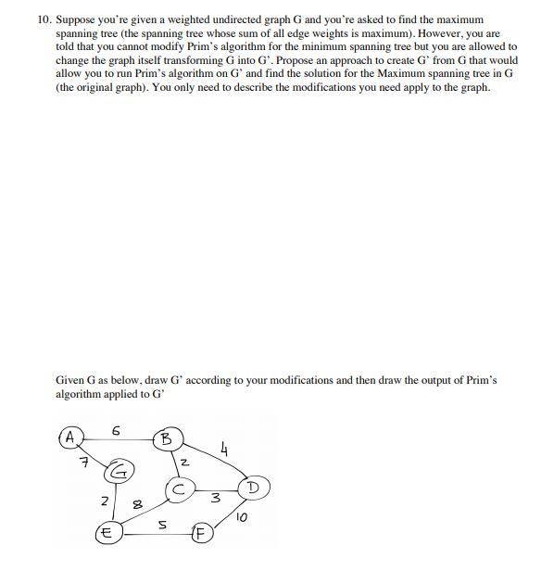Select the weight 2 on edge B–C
coord(183,462)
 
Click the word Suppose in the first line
coord(77,19)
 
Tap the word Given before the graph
coord(73,380)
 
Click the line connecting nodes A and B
coord(116,436)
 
